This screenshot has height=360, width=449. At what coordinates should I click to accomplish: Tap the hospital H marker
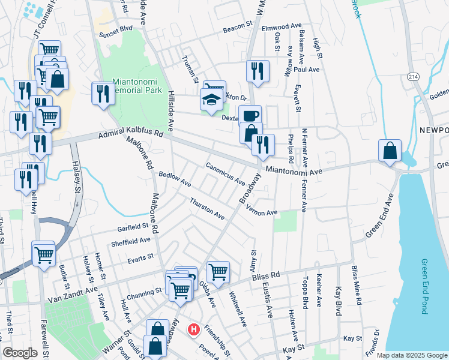tap(194, 329)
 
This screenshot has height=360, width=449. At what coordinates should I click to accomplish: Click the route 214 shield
tap(412, 77)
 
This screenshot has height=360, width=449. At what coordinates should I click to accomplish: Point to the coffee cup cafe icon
tap(249, 115)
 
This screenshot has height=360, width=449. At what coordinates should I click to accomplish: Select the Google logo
tap(20, 353)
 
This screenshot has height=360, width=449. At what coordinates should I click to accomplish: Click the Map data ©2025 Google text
tap(411, 355)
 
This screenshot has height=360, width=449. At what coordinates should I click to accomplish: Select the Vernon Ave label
tap(261, 213)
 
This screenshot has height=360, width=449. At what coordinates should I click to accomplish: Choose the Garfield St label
tap(133, 226)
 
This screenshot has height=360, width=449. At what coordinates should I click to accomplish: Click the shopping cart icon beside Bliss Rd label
tap(218, 271)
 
